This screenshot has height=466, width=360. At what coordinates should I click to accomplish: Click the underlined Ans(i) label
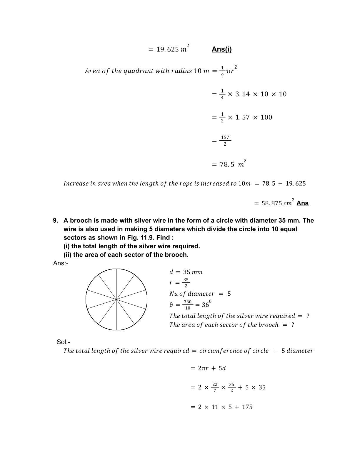point(221,49)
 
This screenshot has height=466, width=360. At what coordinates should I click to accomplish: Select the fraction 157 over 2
point(225,141)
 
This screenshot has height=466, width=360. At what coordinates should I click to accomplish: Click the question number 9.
point(56,221)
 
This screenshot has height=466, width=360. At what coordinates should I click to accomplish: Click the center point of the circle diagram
point(116,299)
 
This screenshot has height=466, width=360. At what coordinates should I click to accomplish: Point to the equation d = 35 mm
point(186,272)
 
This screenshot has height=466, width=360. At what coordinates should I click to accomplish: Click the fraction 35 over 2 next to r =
point(186,283)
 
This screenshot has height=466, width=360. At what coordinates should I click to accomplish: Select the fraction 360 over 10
point(188,305)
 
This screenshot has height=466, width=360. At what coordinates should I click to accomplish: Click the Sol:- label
point(63,342)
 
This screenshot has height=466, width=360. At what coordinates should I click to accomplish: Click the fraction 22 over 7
point(215,387)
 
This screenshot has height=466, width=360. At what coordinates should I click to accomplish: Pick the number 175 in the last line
point(247,407)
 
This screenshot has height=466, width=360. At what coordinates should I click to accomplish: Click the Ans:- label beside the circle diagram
point(61,263)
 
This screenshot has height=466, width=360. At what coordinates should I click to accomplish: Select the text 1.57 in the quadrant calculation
point(242,117)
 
